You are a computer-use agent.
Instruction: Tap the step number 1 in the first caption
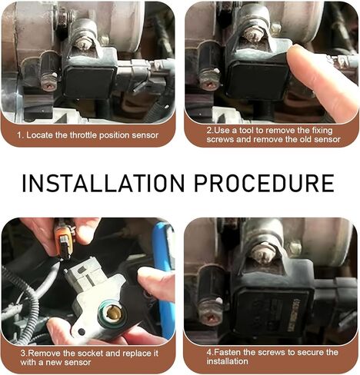point(20,135)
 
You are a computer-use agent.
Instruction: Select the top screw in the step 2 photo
point(252,34)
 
